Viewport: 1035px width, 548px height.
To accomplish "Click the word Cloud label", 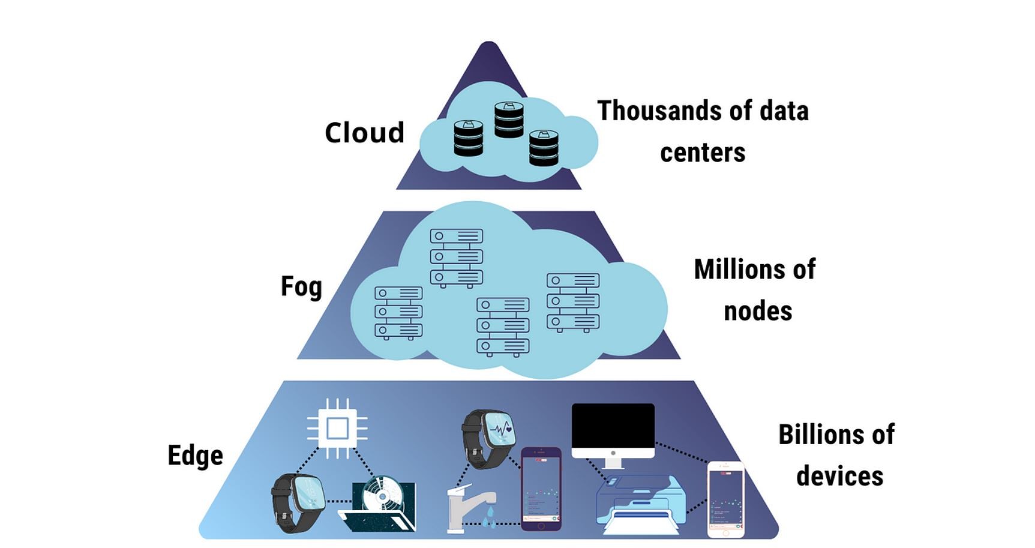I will coord(364,133).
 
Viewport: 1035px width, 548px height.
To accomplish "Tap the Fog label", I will coord(301,287).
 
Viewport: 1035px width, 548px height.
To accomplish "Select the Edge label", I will coord(195,456).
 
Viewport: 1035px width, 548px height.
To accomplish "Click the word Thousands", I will coord(659,111).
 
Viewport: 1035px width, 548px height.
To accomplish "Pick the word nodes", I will coord(758,312).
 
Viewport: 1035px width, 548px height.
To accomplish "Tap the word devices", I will coord(839,476).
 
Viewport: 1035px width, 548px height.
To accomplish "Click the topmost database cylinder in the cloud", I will coord(509,119).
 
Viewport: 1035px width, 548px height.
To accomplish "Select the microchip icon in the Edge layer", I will coord(337,429).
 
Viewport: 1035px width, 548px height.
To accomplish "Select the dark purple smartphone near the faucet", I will coord(541,489).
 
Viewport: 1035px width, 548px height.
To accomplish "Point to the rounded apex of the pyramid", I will coord(488,46).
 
